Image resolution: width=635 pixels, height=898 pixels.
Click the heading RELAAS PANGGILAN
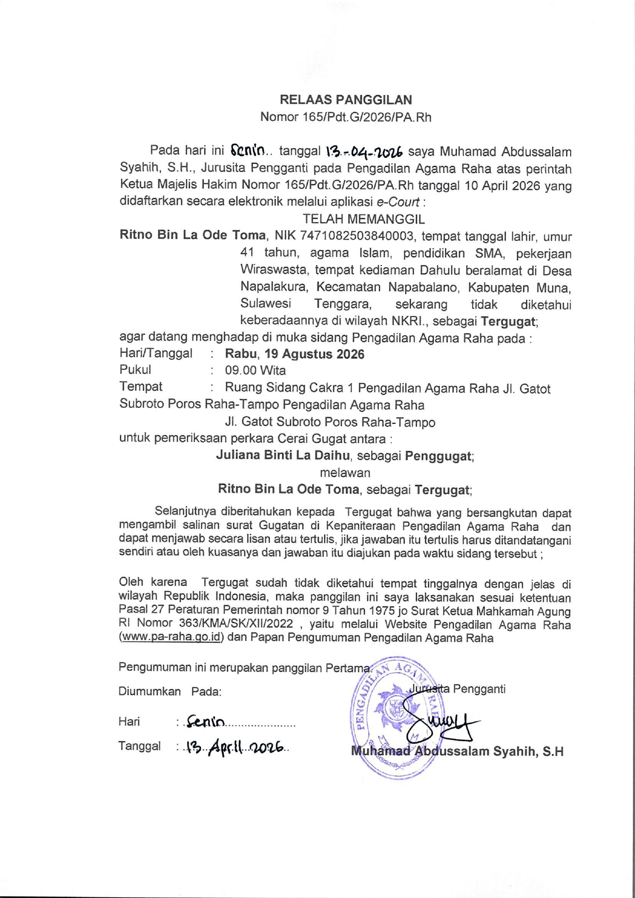[346, 100]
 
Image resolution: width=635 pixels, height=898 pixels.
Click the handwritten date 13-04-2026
[364, 152]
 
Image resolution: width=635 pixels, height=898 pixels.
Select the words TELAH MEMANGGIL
[363, 219]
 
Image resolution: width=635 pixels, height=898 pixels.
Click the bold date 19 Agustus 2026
[314, 354]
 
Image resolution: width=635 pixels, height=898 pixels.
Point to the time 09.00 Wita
[255, 371]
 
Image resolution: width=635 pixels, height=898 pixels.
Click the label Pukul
[135, 370]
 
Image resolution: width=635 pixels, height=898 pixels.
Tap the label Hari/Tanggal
[156, 353]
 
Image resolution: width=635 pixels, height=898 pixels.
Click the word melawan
[345, 472]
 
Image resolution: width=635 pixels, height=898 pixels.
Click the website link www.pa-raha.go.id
[172, 637]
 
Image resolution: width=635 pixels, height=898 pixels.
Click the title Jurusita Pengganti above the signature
[457, 689]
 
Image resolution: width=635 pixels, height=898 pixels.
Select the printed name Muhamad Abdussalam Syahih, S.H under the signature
[457, 751]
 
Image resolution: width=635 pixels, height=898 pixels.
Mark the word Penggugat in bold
[438, 456]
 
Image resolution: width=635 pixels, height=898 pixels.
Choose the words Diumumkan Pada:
[170, 692]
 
